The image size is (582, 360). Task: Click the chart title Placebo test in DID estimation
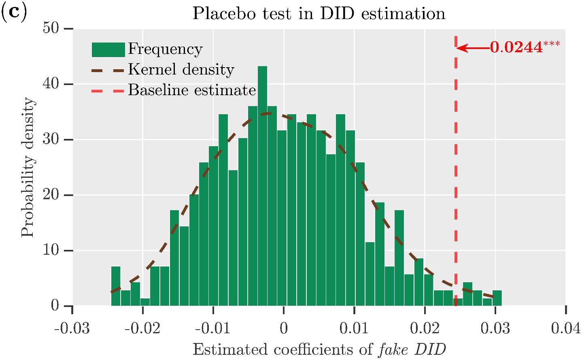coord(319,14)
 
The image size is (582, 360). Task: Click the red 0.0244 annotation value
coord(516,48)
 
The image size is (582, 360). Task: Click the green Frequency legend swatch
coord(108,50)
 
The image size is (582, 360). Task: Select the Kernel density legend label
coord(181,70)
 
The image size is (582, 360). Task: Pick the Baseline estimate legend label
coord(192,90)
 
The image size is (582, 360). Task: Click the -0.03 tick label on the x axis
coord(72,328)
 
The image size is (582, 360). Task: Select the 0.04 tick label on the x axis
coord(565,328)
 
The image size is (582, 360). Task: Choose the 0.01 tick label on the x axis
coord(354,328)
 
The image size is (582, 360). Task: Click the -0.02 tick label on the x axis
coord(142,328)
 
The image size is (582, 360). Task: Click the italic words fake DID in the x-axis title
coord(412,349)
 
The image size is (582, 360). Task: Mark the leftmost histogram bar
coord(116,286)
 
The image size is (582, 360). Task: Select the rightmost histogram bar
coord(497,298)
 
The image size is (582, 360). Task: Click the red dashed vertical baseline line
coord(456,162)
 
